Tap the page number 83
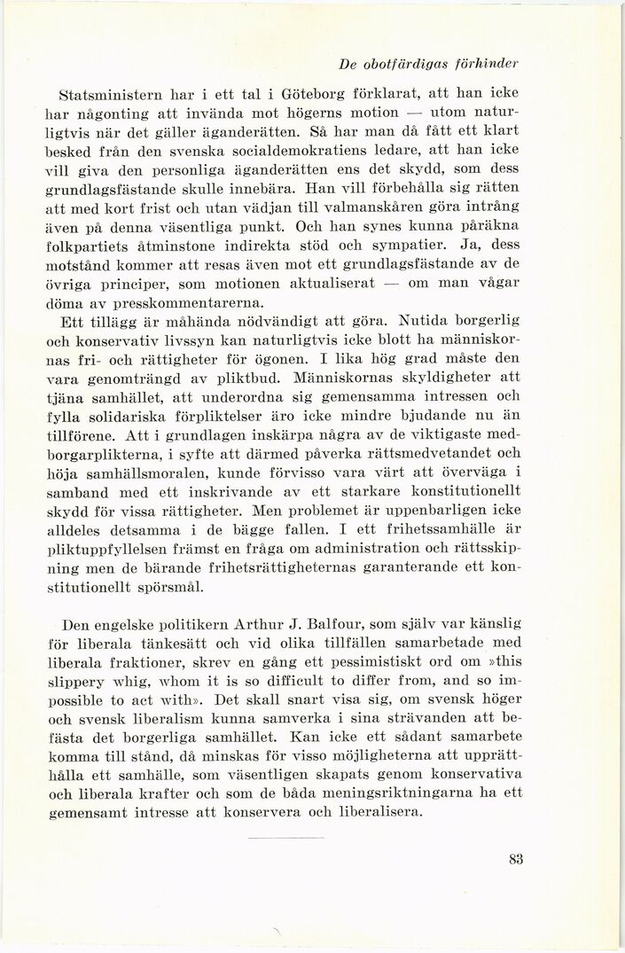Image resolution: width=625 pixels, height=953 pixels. (518, 857)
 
